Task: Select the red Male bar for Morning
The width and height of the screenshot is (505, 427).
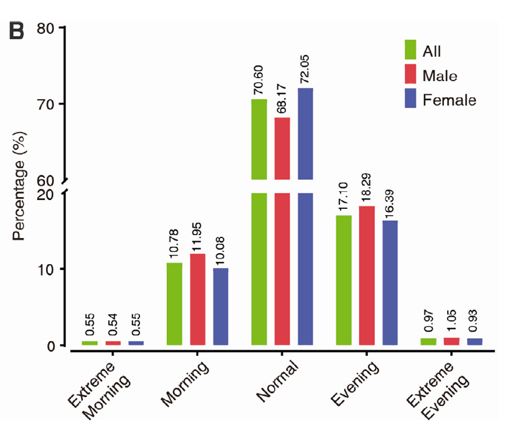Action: coord(197,299)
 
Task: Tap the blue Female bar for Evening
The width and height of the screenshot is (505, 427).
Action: coord(390,282)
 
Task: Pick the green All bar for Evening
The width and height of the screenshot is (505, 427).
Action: coord(344,280)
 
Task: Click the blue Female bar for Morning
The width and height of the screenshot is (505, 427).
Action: coord(220,306)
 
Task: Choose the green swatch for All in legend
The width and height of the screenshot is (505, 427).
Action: coord(410,49)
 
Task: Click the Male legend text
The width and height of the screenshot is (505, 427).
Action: coord(440,75)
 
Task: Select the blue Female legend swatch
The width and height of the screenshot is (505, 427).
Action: coord(410,98)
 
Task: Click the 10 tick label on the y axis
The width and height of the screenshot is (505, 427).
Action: coord(51,269)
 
